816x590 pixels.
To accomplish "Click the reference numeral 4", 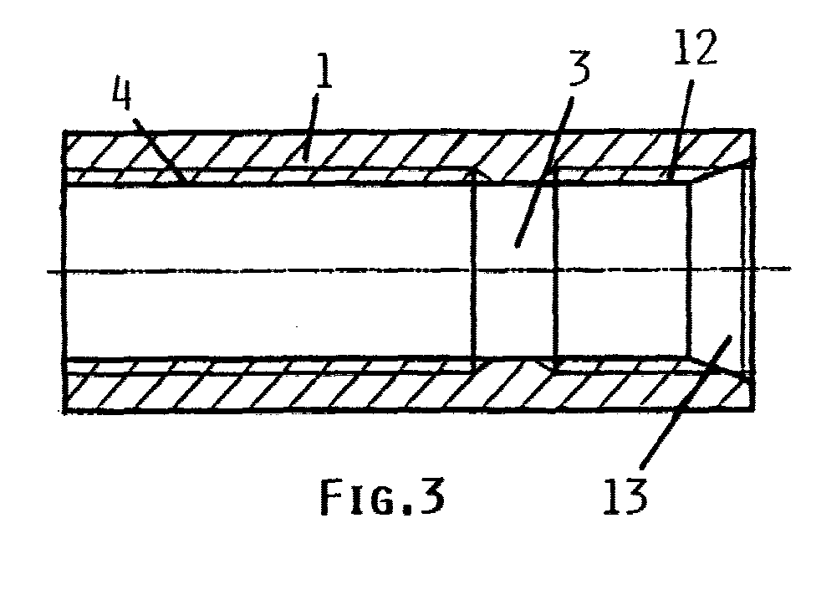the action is tap(122, 93).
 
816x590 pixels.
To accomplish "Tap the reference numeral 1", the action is tap(324, 71).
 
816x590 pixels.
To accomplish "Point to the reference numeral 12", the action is tap(696, 47).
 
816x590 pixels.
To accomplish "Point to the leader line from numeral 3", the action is tap(545, 171).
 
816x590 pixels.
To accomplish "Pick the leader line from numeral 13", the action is tap(686, 402).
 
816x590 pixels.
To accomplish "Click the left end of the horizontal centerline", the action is tap(48, 271).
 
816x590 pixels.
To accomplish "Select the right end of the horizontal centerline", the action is tap(791, 269).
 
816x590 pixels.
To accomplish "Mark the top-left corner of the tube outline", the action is tap(64, 131).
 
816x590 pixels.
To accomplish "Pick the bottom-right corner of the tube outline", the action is tap(754, 412).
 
